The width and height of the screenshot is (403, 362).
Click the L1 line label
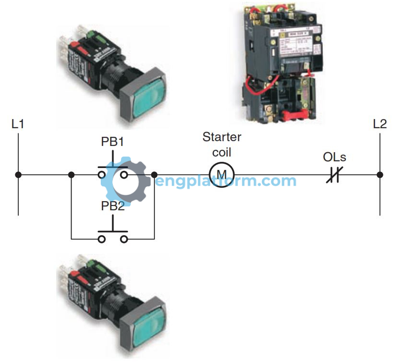coord(18,124)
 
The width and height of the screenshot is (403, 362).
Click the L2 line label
coord(379,124)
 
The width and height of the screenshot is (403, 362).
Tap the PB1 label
coord(113,142)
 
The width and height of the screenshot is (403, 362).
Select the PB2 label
coord(113,206)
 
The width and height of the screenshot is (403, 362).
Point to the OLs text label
coord(334,157)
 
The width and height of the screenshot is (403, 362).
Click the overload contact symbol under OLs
coord(334,175)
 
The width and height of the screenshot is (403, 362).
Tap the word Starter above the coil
coord(222,137)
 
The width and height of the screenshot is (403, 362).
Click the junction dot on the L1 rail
coord(18,175)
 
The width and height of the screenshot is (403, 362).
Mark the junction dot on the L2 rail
coord(379,175)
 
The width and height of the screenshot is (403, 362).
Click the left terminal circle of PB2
coord(102,239)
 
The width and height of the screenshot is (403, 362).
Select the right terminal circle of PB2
coord(124,239)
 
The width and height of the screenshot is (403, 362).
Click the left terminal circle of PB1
coord(102,175)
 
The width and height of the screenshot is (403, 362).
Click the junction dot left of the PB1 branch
coord(71,175)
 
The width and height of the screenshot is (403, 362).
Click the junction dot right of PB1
coord(154,175)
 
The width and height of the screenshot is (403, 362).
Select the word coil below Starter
coord(221,152)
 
